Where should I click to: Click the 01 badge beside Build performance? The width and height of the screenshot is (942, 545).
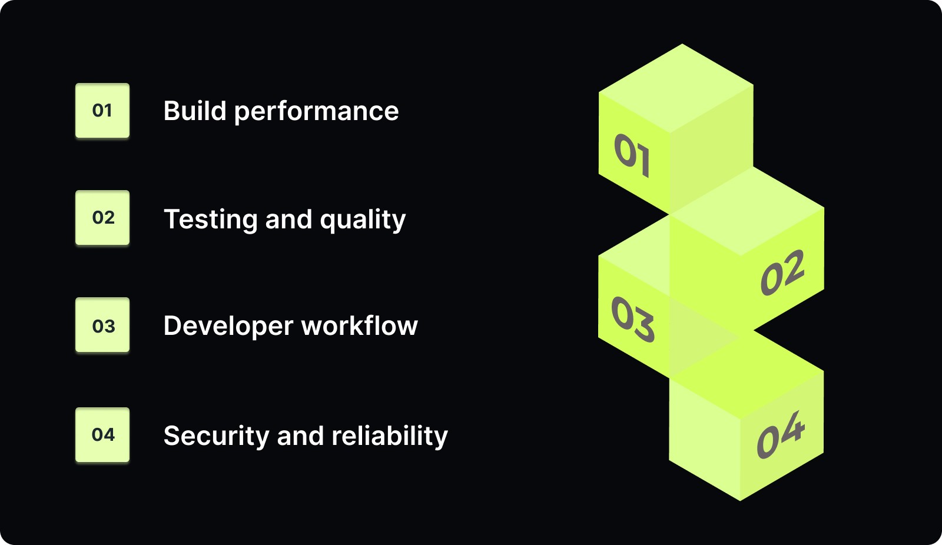pos(102,111)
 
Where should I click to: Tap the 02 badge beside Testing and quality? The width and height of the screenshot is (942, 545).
pos(102,218)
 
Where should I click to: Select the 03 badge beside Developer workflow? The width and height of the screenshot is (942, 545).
pos(102,325)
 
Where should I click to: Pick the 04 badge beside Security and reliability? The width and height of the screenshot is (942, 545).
pos(102,435)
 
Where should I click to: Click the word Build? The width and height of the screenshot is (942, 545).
pos(195,111)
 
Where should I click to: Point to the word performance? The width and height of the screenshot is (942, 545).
pos(316,112)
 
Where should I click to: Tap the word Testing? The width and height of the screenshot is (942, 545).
pos(210,220)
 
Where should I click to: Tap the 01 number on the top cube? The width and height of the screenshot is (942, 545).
pos(632,155)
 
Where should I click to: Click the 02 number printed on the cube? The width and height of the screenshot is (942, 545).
pos(782,272)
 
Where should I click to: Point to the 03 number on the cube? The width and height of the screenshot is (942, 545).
pos(632,319)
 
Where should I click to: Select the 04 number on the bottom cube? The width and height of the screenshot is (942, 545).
pos(781,435)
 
